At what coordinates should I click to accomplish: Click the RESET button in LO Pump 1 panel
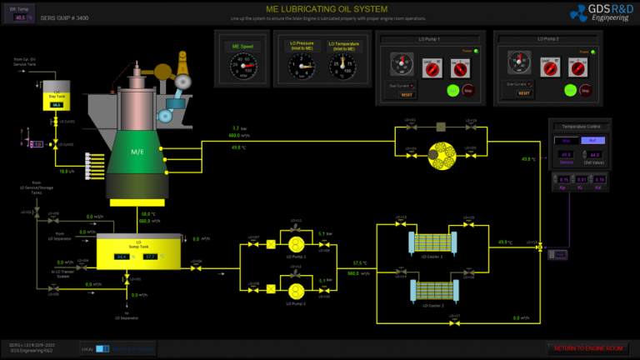[407, 94]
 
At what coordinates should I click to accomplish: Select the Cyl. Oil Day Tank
[57, 100]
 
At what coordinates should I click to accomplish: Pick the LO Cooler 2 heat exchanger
[433, 292]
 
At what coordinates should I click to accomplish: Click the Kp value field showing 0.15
[563, 179]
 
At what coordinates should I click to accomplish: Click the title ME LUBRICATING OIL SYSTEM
[319, 8]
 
